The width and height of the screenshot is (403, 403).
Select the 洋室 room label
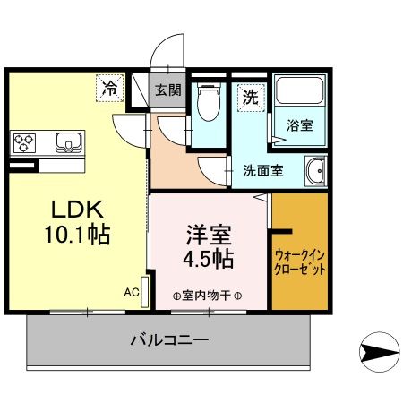(210, 237)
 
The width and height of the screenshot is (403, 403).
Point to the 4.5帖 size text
(210, 261)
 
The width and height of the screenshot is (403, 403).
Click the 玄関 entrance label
(167, 90)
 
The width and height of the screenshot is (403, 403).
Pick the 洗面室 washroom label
(263, 170)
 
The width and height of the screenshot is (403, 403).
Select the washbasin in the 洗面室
(315, 170)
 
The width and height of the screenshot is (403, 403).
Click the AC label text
(131, 293)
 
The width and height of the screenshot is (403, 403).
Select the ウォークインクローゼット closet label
(299, 261)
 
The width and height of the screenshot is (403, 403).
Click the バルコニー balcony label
(169, 340)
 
